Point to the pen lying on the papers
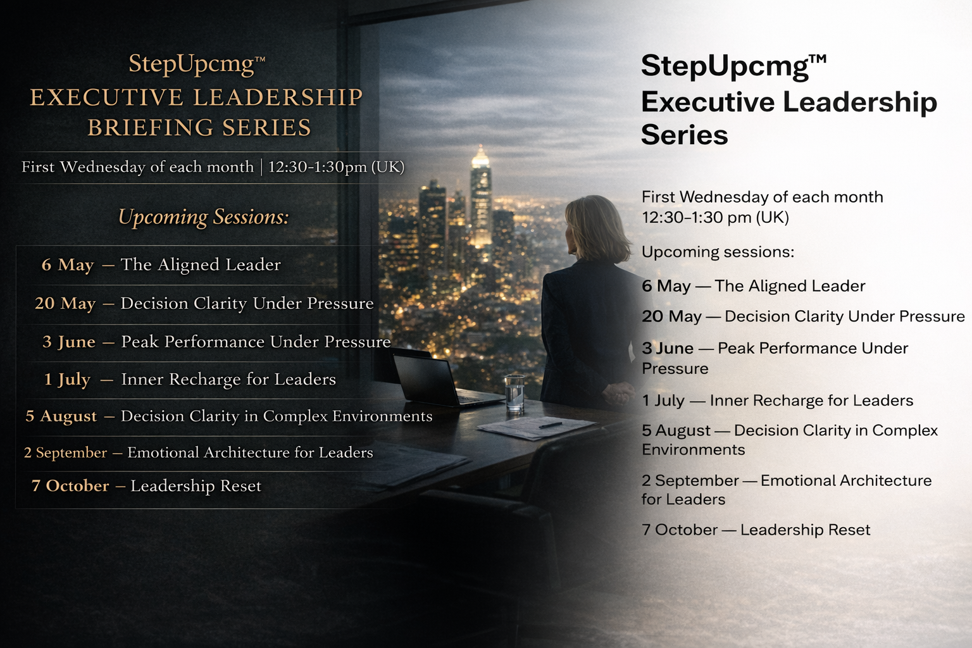click(x=550, y=425)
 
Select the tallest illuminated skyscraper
click(x=480, y=196)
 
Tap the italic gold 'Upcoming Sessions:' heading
click(x=203, y=217)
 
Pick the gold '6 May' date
click(x=68, y=265)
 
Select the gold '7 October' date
click(x=70, y=486)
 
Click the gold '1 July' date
click(x=67, y=379)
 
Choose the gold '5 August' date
click(x=61, y=416)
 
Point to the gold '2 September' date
click(x=65, y=452)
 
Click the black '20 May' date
click(x=671, y=316)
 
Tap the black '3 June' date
click(x=668, y=348)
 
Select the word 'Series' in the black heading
click(x=684, y=135)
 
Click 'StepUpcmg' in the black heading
click(x=725, y=66)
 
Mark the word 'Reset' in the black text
click(x=849, y=530)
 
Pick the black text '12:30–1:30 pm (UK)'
click(x=715, y=218)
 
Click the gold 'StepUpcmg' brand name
click(x=191, y=64)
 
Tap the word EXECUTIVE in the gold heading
click(x=106, y=97)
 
